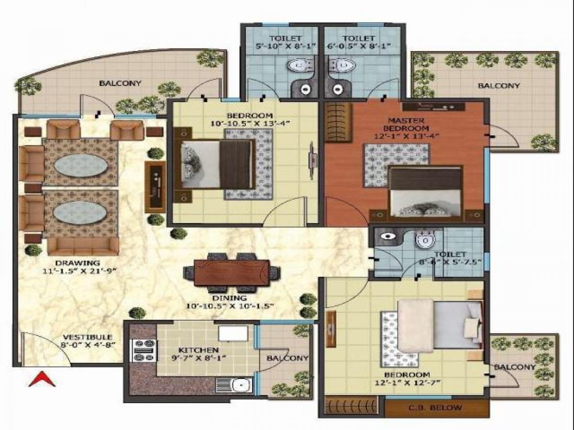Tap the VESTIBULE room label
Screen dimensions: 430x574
point(87,337)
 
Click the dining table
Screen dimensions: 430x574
point(232,272)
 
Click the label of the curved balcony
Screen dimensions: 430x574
point(120,83)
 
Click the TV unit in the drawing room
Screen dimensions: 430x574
point(155,187)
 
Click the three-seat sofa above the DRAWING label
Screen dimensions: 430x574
point(83,246)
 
